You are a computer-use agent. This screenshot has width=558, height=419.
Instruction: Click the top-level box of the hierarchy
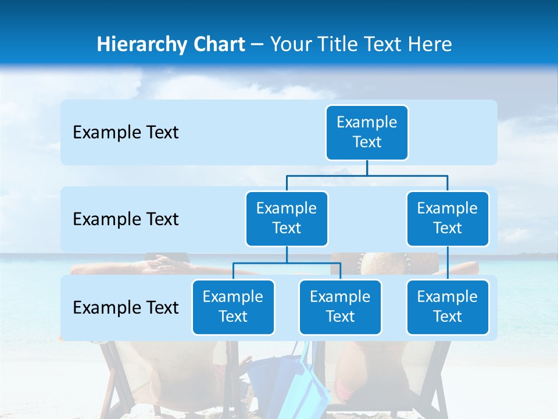(367, 132)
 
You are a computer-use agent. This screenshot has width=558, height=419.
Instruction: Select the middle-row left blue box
(287, 218)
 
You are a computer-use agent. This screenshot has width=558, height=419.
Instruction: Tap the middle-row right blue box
(448, 218)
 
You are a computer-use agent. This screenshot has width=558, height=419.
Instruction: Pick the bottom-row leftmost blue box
(233, 307)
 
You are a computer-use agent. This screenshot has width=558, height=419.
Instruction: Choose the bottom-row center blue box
(340, 307)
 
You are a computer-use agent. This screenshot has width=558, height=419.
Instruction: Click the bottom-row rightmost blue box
(448, 307)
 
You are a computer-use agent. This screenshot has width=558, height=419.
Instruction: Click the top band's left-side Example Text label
(126, 133)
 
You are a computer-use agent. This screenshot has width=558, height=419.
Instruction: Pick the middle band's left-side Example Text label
(126, 219)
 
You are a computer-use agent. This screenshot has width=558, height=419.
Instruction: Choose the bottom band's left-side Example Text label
(126, 307)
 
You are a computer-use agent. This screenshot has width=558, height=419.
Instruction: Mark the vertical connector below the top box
(367, 168)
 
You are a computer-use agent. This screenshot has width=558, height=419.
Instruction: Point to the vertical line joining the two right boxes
(448, 263)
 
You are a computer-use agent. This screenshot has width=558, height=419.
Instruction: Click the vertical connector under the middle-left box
(287, 254)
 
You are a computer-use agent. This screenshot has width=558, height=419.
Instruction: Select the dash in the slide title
(257, 45)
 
